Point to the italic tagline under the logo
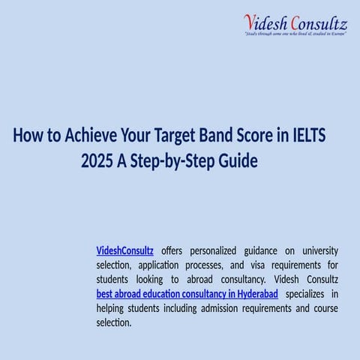(295, 34)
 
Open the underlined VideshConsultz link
(125, 250)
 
